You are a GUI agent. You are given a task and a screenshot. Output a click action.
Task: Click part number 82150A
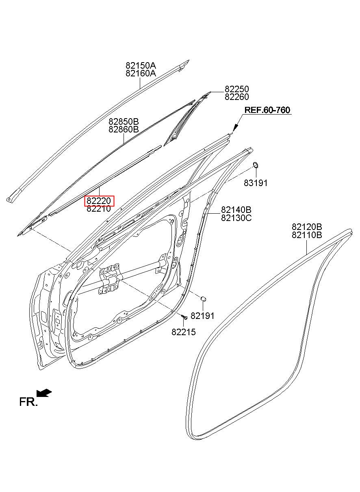point(141,65)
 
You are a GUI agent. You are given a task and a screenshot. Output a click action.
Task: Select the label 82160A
point(141,74)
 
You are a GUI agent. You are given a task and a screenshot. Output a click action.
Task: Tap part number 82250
point(237,89)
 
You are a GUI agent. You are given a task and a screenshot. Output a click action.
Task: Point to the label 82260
point(237,97)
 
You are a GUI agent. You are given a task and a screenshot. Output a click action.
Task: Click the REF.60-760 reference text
point(267,110)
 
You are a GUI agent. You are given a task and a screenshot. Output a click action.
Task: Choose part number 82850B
point(124,121)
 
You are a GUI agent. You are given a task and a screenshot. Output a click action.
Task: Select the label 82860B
point(124,129)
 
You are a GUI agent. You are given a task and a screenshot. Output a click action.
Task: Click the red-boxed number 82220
point(99,201)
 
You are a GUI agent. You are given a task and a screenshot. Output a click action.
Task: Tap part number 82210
point(99,209)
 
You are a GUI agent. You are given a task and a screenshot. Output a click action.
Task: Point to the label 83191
point(256,183)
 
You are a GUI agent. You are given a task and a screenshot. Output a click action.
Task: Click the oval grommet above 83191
point(256,165)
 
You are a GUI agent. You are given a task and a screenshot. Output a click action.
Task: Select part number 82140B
point(236,210)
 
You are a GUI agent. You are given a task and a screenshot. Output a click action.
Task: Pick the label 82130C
point(236,218)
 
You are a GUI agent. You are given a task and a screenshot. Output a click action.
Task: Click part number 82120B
point(307,226)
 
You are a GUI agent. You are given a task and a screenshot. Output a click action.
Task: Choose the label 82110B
point(307,235)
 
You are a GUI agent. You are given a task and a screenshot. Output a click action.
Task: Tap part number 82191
point(202,316)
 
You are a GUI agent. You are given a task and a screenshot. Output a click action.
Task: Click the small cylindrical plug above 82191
point(204,299)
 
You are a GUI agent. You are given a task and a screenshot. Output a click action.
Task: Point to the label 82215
point(183,332)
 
